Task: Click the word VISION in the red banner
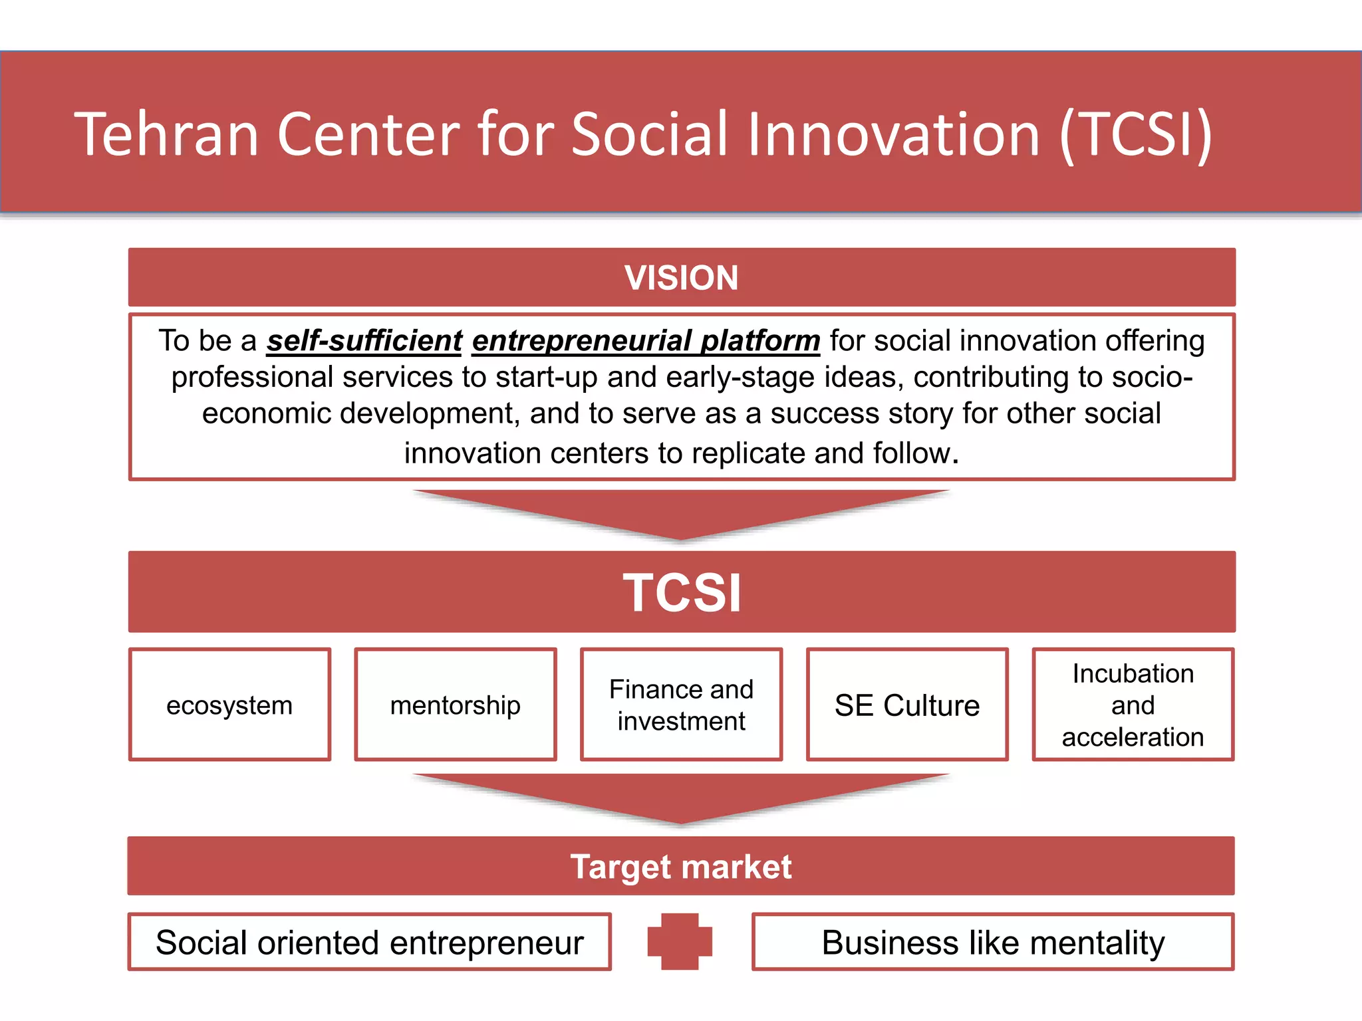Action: (x=681, y=278)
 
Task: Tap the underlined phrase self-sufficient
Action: (x=364, y=341)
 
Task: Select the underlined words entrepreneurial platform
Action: (x=646, y=341)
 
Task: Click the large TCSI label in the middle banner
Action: (x=682, y=592)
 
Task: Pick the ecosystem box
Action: (x=229, y=705)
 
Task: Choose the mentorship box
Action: (x=456, y=705)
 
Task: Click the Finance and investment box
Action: (x=681, y=705)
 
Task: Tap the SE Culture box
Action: (x=907, y=705)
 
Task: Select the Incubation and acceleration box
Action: (x=1133, y=705)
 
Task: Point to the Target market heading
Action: (x=681, y=867)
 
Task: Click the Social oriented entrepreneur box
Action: (x=369, y=943)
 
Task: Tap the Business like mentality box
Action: (x=993, y=943)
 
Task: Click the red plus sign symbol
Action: (x=680, y=942)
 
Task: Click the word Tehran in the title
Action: (x=166, y=135)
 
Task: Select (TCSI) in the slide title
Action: (x=1136, y=135)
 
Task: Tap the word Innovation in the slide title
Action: (x=893, y=135)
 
